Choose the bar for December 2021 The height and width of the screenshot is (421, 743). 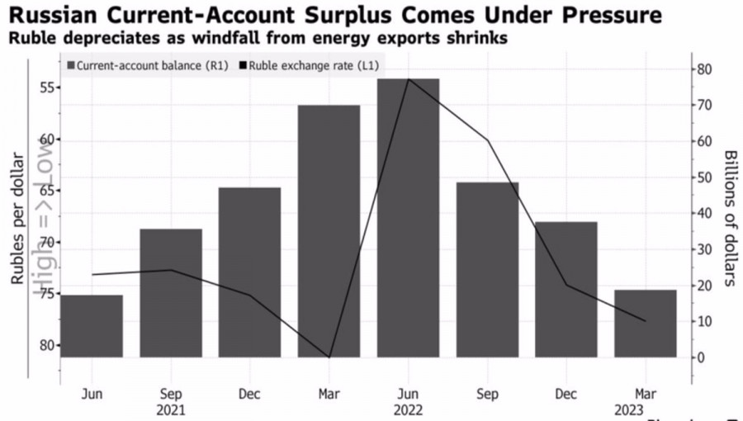tap(249, 272)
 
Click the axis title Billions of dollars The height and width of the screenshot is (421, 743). tap(729, 218)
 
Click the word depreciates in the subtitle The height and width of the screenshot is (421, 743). tap(99, 39)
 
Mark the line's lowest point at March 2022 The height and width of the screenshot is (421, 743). tap(329, 357)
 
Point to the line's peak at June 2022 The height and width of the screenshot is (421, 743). tap(408, 79)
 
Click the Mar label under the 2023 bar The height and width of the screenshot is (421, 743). tap(645, 394)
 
